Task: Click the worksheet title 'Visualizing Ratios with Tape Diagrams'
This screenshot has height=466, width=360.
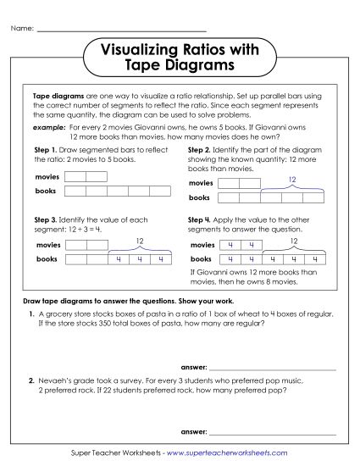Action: point(180,58)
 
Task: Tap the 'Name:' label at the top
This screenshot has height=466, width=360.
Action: point(21,29)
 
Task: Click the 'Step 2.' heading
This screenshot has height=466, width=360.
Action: point(200,149)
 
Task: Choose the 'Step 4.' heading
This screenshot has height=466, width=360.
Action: point(200,220)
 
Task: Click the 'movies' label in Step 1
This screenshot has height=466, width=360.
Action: point(48,177)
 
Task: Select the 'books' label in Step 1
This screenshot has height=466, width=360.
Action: point(46,191)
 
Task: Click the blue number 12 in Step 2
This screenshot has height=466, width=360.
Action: point(292,180)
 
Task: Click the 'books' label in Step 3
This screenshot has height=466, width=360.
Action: point(46,259)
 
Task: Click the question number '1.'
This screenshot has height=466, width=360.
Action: point(30,314)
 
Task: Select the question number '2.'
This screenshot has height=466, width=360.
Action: point(30,381)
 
